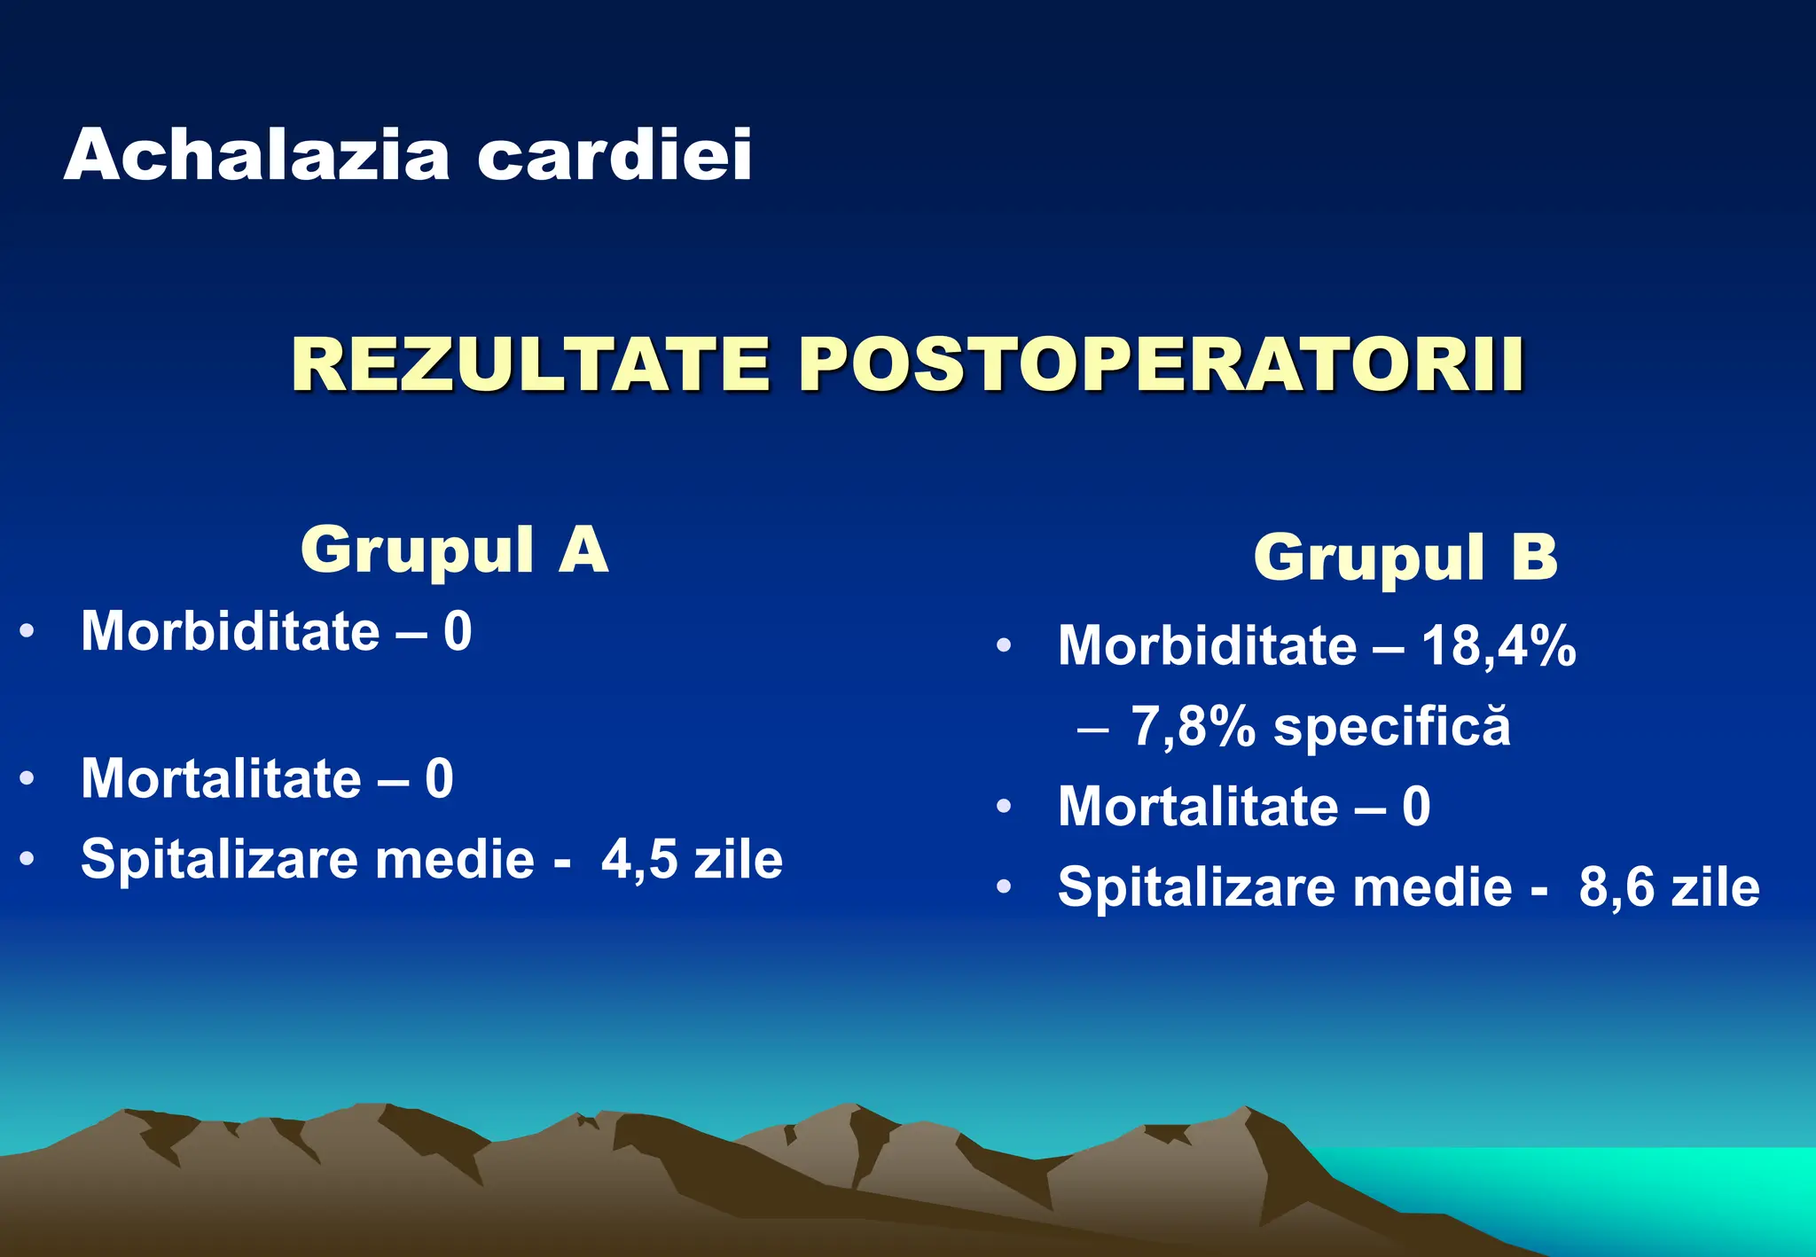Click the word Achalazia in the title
point(257,155)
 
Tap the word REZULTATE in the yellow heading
point(529,364)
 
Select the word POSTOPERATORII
point(1162,364)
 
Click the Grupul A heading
point(454,550)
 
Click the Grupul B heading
point(1405,558)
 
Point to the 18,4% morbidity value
point(1499,645)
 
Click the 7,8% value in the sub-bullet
point(1193,727)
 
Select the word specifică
point(1391,727)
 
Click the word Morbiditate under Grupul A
point(230,631)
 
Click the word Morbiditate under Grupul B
point(1207,645)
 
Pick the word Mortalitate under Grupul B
point(1198,807)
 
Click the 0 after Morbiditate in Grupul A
point(458,631)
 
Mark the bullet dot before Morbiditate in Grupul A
point(27,631)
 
